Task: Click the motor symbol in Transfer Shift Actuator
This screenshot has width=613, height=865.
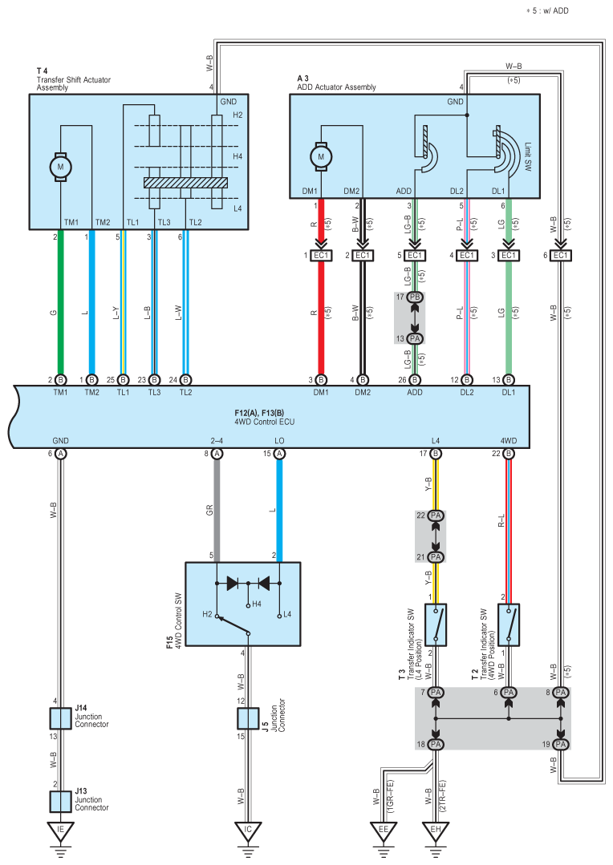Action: coord(61,167)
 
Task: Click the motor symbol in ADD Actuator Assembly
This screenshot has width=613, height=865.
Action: coord(322,156)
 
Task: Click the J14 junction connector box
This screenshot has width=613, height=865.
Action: coord(61,718)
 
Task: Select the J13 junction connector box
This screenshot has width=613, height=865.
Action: coord(61,802)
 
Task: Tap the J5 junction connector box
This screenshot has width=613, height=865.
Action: coord(248,718)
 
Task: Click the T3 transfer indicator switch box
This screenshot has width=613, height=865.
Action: coord(436,625)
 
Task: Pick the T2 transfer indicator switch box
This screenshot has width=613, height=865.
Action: coord(509,625)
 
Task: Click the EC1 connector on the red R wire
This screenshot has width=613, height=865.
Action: coord(321,256)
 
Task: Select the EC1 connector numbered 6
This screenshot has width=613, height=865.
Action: coord(561,256)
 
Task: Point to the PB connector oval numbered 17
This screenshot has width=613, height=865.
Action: coord(415,297)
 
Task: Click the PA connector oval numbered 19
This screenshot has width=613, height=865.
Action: coord(561,744)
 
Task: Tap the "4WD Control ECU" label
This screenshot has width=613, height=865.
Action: coord(265,422)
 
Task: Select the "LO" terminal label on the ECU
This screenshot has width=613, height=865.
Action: coord(279,441)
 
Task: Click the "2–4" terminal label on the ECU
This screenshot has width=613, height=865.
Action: coord(217,441)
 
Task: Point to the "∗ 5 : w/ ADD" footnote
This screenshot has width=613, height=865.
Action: coord(547,10)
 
